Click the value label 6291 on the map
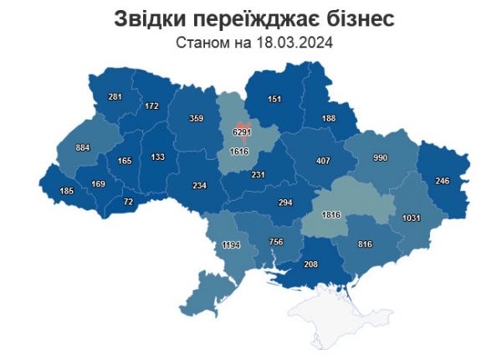point(241,131)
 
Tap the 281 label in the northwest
point(115,97)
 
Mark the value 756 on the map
point(275,243)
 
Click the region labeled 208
point(312,264)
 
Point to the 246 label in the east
point(442,179)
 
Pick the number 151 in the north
point(274,100)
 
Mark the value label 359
point(196,119)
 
